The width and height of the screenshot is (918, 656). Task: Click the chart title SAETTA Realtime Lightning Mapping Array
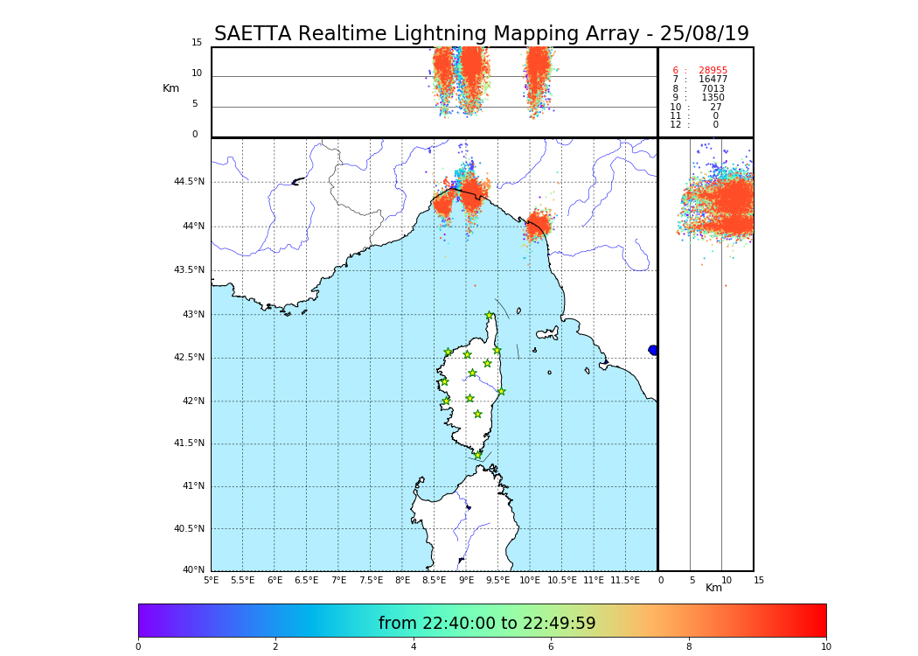pos(481,34)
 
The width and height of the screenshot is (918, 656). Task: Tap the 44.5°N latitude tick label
pos(189,182)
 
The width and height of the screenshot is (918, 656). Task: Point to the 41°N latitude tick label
pos(192,486)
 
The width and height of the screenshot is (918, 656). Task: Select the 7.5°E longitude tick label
pos(371,580)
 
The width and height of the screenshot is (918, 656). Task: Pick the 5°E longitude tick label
pos(212,580)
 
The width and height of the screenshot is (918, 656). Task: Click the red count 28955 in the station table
pos(713,71)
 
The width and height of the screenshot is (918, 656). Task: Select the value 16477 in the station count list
pos(713,80)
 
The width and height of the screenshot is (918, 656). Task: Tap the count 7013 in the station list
pos(713,89)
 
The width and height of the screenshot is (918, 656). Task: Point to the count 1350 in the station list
pos(713,98)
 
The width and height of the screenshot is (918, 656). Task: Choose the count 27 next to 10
pos(716,108)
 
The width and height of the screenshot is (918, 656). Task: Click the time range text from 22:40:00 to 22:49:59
pos(487,624)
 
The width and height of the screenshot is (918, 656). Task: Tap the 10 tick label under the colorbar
pos(825,647)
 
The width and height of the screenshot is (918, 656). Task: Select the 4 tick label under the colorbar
pos(414,647)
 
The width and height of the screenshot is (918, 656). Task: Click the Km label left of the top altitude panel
pos(170,88)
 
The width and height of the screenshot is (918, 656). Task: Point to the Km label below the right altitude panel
pos(713,588)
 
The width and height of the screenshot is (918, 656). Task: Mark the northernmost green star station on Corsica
pos(490,316)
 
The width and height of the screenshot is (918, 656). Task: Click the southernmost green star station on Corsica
pos(477,455)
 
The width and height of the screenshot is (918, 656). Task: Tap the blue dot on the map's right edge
pos(653,350)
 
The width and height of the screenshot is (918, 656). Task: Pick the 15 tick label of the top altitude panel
pos(197,43)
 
